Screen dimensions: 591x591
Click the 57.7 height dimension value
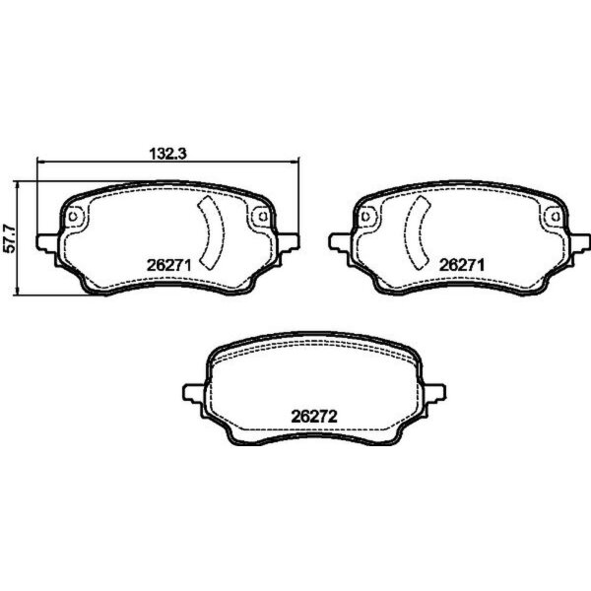pos(10,237)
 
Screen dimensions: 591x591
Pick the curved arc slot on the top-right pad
pos(419,233)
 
